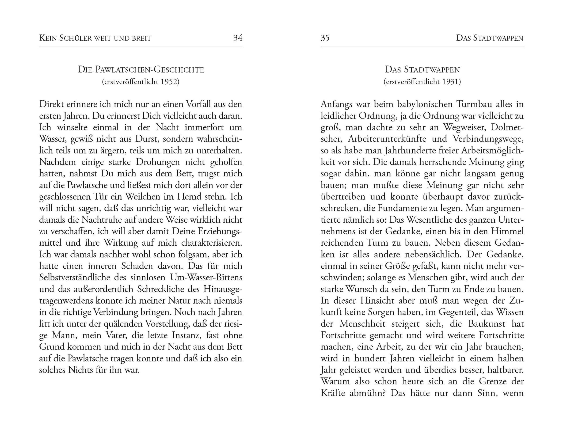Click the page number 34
point(238,38)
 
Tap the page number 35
point(325,38)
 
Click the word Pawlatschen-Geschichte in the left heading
point(149,70)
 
